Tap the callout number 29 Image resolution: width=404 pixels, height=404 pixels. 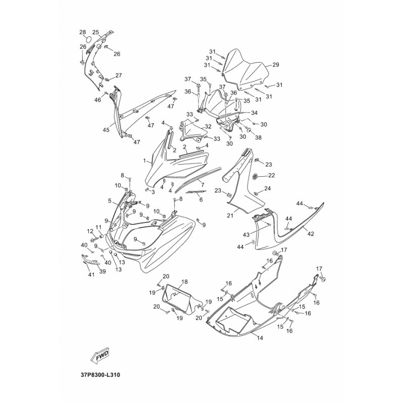point(276,65)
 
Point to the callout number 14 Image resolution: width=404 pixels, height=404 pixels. point(260,337)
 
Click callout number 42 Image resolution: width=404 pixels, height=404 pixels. point(311,234)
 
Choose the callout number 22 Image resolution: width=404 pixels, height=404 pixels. point(272,175)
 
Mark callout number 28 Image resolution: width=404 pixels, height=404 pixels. point(82,32)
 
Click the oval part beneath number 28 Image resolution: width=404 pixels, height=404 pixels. point(88,40)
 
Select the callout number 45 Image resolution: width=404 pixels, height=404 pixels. point(106,130)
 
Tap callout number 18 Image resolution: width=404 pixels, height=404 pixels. point(184,282)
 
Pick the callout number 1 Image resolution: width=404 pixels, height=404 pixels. point(144,161)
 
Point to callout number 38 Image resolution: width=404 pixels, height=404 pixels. point(258,137)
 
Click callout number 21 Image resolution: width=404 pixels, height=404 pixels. point(230,215)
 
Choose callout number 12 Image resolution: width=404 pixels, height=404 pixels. point(90,232)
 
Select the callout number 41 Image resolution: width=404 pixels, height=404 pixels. point(91,275)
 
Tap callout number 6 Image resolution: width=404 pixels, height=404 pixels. point(201,200)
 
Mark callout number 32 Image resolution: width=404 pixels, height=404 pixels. point(208,127)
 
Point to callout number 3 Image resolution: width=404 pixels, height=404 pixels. point(153,192)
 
